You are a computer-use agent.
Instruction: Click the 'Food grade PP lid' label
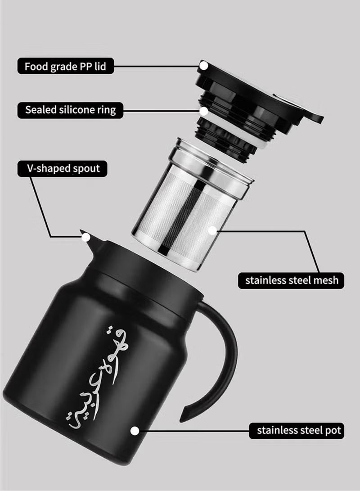[65, 67]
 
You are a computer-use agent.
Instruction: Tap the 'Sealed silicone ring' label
[70, 110]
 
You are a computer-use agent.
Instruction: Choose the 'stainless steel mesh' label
[291, 280]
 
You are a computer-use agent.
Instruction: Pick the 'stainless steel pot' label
[299, 430]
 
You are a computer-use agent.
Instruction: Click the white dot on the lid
[204, 66]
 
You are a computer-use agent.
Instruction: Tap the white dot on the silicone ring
[204, 110]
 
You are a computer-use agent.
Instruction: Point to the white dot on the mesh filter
[213, 230]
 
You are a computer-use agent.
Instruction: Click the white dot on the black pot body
[134, 431]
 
